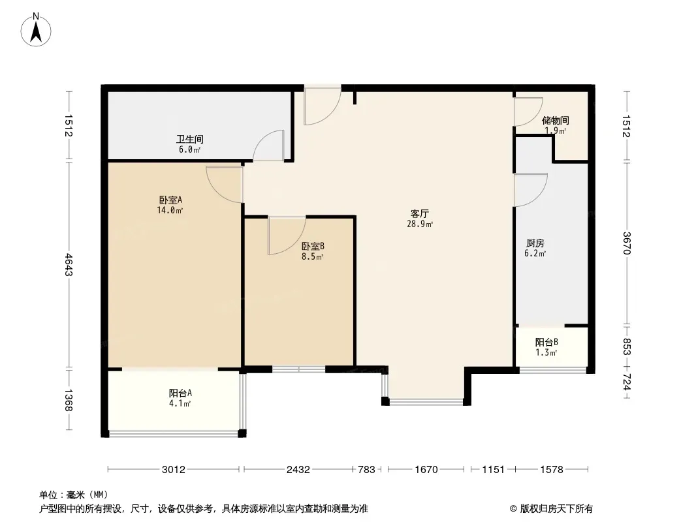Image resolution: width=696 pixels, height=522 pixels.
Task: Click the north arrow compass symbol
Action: pos(36,30)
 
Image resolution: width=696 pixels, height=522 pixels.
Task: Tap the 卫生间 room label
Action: pos(189,139)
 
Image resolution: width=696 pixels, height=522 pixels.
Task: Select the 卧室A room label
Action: pos(170,200)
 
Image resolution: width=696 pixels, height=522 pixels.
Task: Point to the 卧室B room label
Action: pos(313,246)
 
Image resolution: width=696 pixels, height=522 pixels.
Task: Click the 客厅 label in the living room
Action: pos(419,214)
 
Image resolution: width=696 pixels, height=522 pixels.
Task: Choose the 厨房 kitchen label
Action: pos(535,243)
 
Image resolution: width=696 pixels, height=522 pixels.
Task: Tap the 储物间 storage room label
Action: pos(555,120)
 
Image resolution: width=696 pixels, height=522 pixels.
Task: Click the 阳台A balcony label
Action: pos(180,393)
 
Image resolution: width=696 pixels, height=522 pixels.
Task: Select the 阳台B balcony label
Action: pos(546,343)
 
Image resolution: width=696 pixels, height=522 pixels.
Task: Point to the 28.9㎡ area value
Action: pos(420,224)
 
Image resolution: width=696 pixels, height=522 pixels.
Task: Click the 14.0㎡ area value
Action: pos(170,210)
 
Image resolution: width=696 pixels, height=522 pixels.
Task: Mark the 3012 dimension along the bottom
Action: pos(174,469)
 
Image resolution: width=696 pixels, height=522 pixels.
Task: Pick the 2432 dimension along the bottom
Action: pos(298,469)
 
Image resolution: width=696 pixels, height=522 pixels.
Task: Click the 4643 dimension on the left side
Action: pos(69,264)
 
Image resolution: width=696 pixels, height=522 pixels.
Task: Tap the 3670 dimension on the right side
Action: pos(627,243)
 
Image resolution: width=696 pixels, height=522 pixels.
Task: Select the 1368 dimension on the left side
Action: pos(69,400)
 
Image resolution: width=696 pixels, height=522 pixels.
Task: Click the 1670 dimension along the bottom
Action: pos(426,469)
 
